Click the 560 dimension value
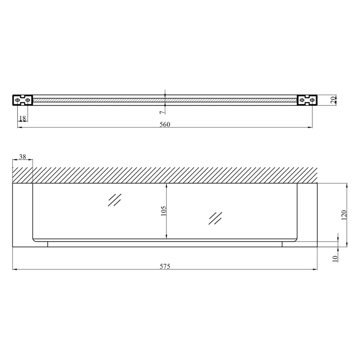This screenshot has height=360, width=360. pyautogui.click(x=165, y=124)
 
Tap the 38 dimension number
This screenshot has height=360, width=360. pyautogui.click(x=22, y=157)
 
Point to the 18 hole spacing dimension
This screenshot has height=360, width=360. pyautogui.click(x=22, y=118)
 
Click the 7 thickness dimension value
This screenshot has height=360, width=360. pyautogui.click(x=162, y=112)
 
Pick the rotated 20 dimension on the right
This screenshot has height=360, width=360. pyautogui.click(x=333, y=100)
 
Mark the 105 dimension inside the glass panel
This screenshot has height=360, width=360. pyautogui.click(x=163, y=211)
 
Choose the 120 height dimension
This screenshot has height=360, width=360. pyautogui.click(x=344, y=215)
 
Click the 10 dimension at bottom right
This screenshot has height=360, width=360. pyautogui.click(x=335, y=259)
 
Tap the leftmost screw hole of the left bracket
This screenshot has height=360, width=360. pyautogui.click(x=17, y=100)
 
